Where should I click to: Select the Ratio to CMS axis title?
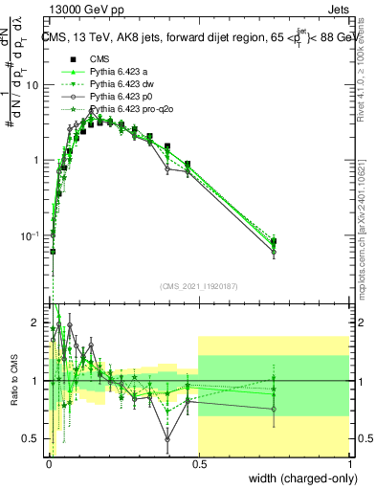(x=13, y=381)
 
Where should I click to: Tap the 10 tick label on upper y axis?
(x=32, y=85)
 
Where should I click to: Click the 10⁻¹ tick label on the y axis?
(x=30, y=235)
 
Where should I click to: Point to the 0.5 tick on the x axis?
(x=198, y=461)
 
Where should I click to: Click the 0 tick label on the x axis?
(x=48, y=461)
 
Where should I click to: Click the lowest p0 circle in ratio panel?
(x=168, y=439)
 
